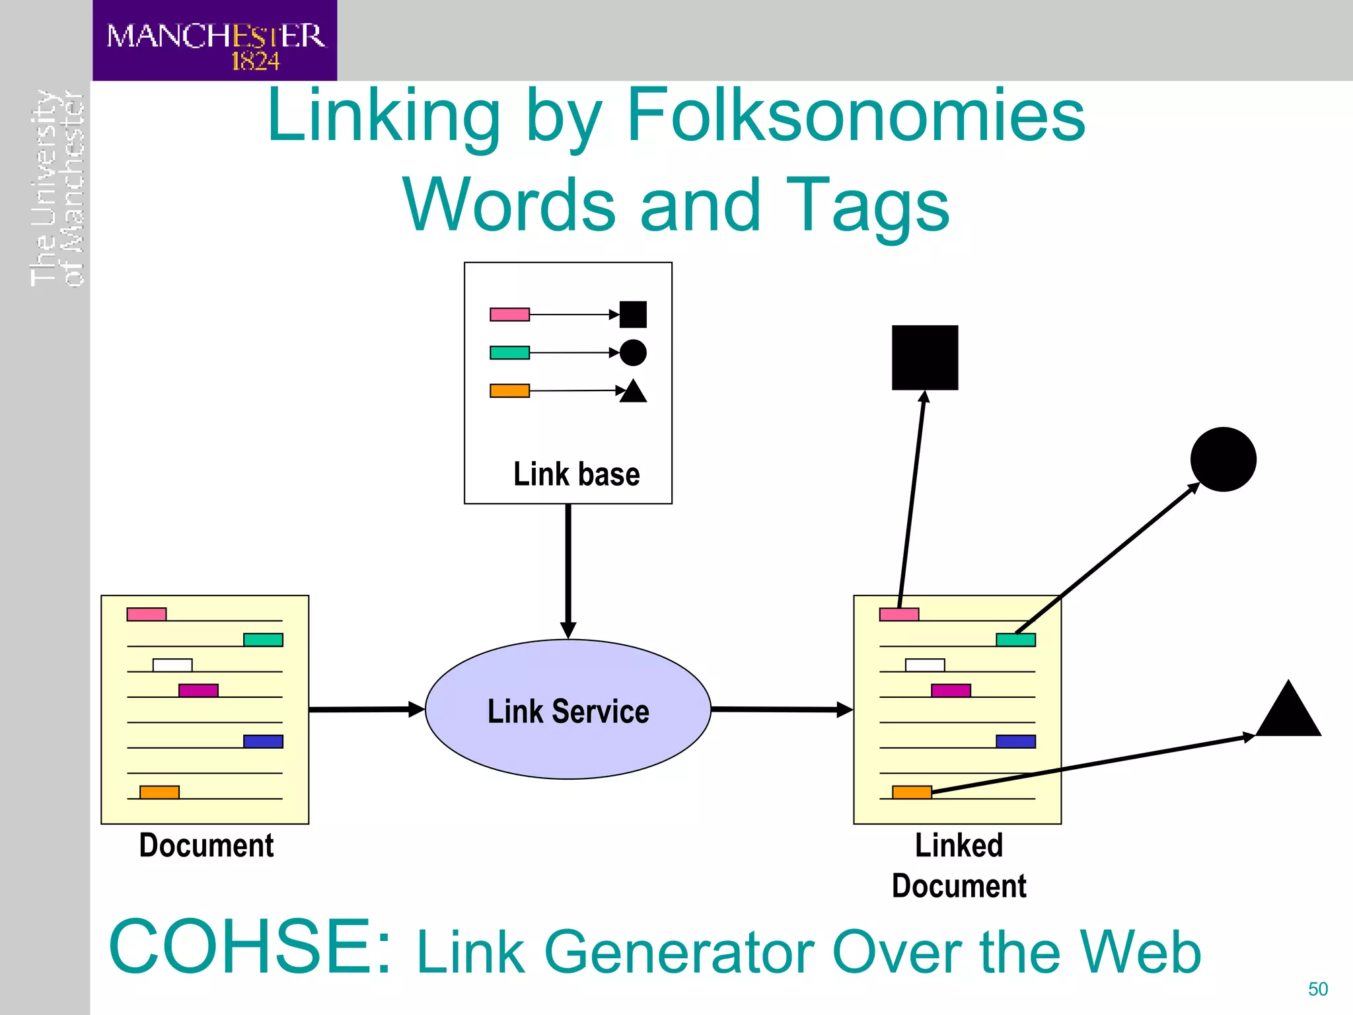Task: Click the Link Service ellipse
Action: click(x=568, y=710)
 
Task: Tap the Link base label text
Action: click(x=576, y=474)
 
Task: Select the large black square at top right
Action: click(x=924, y=357)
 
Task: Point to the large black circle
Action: click(x=1223, y=459)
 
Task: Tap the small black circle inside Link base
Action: click(x=633, y=353)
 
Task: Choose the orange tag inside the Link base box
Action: click(x=509, y=391)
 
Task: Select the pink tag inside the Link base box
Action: click(x=509, y=315)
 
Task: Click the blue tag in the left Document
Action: click(x=263, y=741)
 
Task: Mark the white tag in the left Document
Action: click(x=172, y=665)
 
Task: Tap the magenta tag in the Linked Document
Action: click(x=951, y=691)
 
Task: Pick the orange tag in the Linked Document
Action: click(x=912, y=792)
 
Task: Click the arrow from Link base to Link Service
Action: click(x=568, y=568)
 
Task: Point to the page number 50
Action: click(x=1317, y=989)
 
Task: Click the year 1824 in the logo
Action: click(x=255, y=61)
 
